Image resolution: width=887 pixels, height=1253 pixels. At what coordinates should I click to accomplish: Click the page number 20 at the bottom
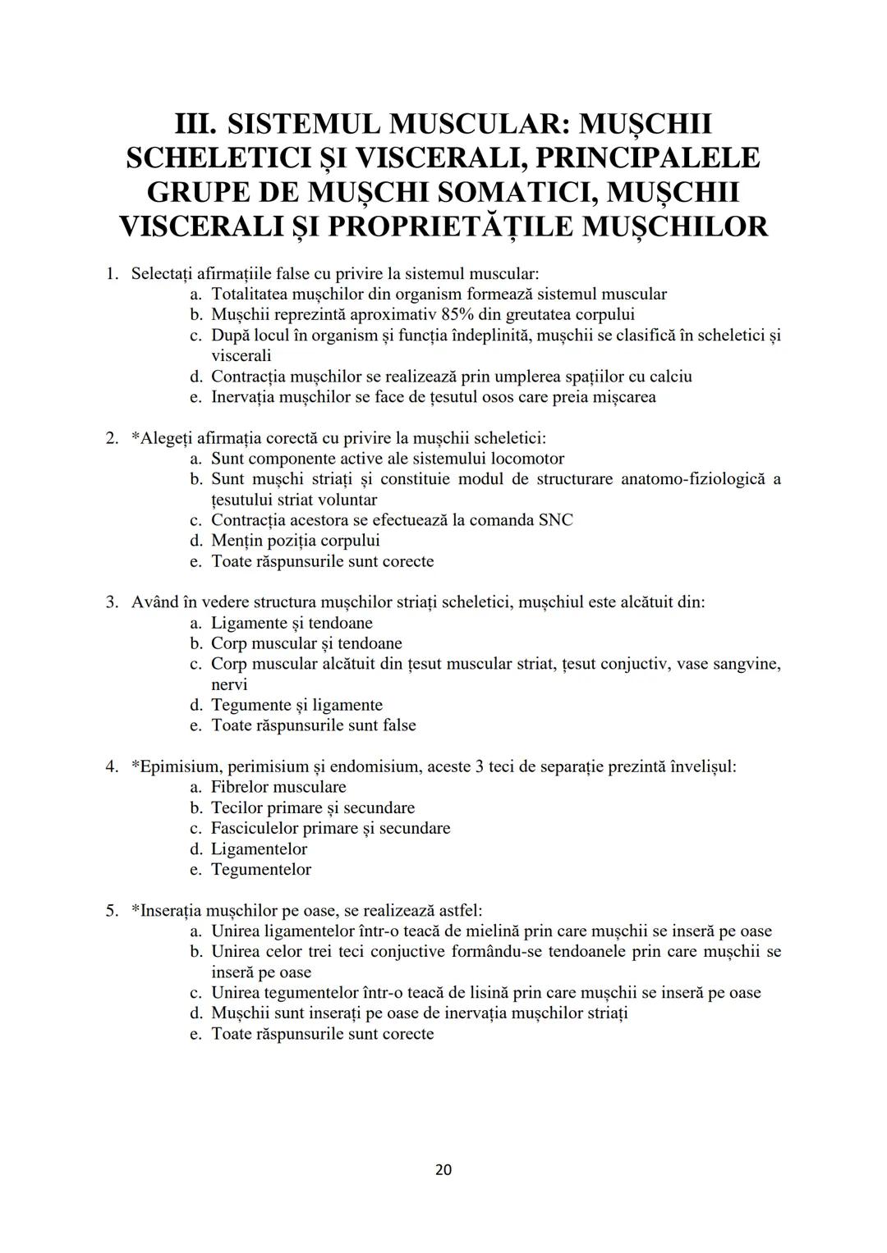[x=443, y=1169]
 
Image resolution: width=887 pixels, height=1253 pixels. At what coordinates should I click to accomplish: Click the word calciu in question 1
[x=668, y=377]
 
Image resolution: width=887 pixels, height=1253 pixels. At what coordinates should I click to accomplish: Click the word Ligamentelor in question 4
[x=259, y=849]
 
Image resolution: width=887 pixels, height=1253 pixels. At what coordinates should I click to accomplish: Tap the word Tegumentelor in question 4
[x=261, y=870]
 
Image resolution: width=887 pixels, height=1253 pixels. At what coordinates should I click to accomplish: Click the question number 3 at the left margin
[x=111, y=602]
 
